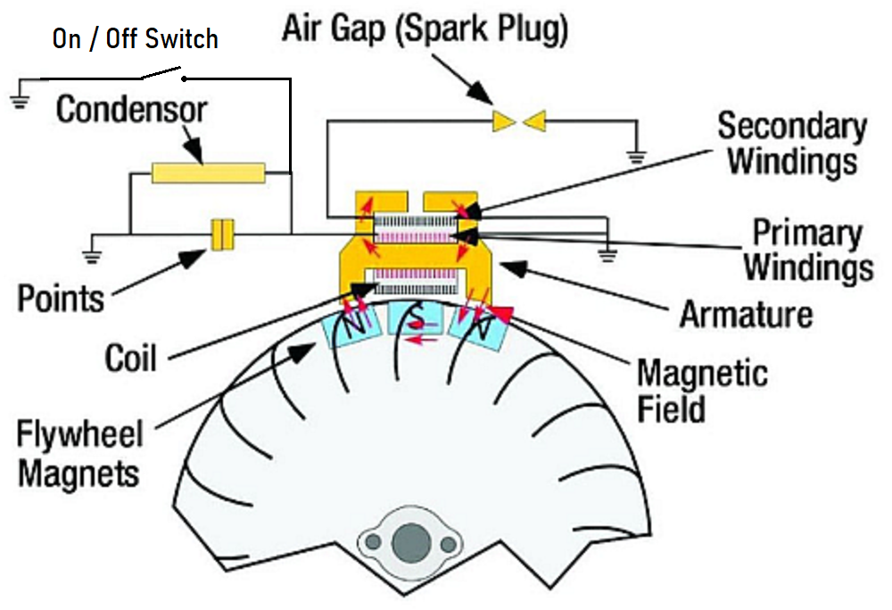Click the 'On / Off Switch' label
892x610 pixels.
[135, 39]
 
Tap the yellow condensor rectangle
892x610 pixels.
[208, 172]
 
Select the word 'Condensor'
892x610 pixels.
[131, 111]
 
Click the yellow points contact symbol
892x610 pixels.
[221, 235]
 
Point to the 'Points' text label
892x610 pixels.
[61, 297]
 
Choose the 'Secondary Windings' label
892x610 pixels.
[791, 143]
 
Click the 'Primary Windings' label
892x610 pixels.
[807, 250]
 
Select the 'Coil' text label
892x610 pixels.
[130, 358]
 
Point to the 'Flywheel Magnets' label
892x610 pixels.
[79, 454]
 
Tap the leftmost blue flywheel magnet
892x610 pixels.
[351, 329]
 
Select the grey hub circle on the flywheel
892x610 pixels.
[413, 540]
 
